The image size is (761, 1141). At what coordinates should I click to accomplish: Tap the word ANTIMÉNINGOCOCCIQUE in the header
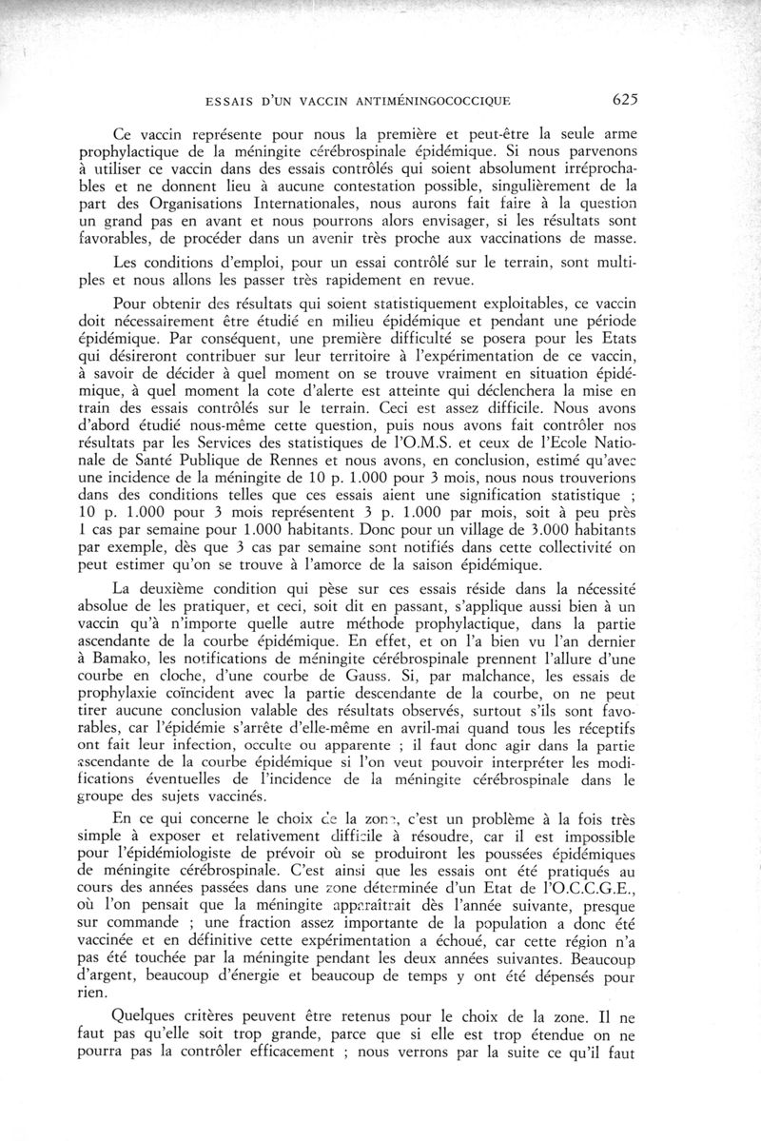(433, 98)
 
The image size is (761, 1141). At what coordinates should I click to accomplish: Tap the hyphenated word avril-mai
(392, 731)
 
